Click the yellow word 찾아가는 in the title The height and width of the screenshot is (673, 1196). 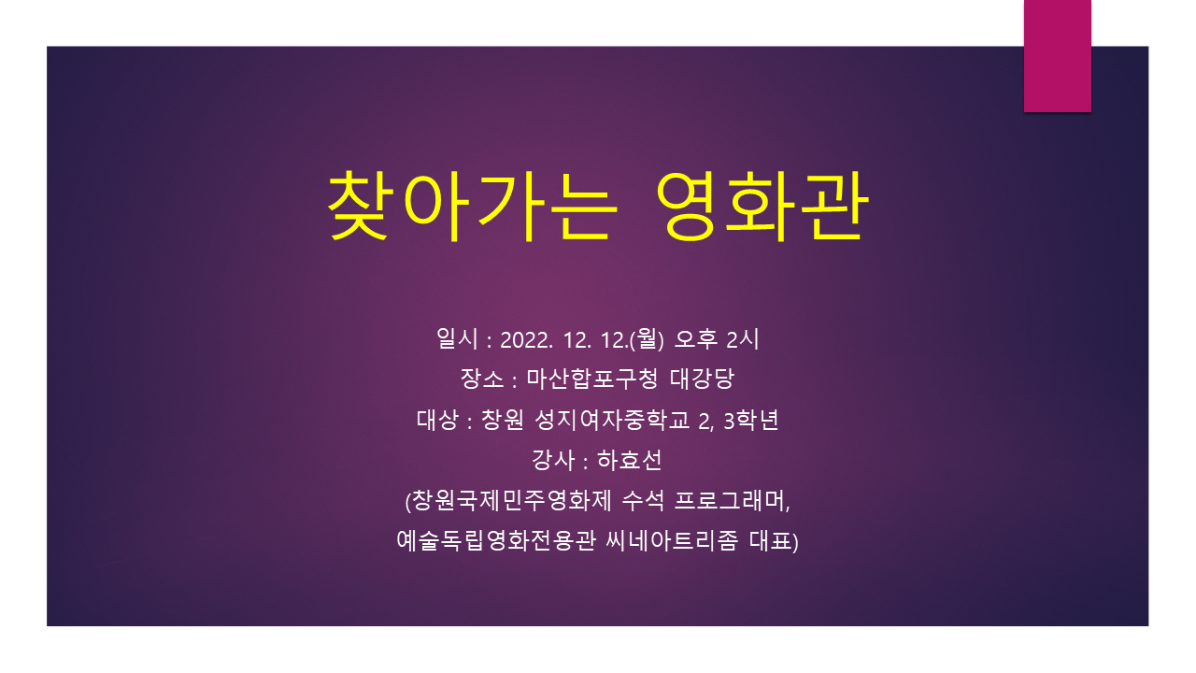click(x=473, y=206)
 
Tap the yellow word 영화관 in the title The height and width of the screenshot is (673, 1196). click(x=762, y=206)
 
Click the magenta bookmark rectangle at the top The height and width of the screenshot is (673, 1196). click(x=1057, y=56)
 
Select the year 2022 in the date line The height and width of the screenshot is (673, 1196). click(x=526, y=340)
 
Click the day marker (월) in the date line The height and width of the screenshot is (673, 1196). click(x=647, y=338)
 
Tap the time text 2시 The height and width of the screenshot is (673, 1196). click(x=743, y=338)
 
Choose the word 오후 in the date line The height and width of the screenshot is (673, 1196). click(x=696, y=338)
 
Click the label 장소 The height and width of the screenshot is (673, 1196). click(x=482, y=379)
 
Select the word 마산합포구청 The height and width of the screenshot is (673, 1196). click(x=592, y=379)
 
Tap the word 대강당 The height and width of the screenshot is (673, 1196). click(x=702, y=379)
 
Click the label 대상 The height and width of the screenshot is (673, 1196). click(x=438, y=420)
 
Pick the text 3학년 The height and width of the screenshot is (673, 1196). click(x=751, y=420)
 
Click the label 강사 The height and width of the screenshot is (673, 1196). click(x=553, y=460)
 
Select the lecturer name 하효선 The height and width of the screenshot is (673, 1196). click(x=630, y=460)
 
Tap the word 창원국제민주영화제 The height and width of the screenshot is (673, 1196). click(x=512, y=500)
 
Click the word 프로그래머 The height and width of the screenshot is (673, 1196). click(x=732, y=500)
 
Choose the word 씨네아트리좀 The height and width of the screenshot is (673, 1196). click(x=672, y=540)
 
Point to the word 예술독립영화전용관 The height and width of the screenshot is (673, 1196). click(x=496, y=540)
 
